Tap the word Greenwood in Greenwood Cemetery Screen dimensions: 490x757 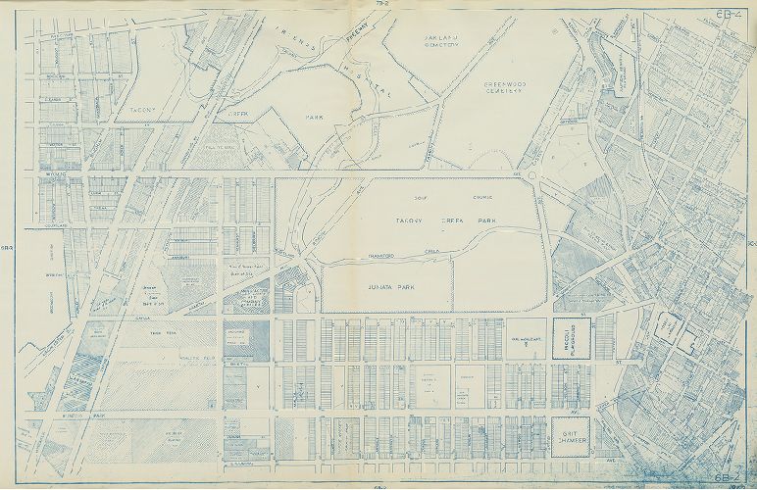(508, 85)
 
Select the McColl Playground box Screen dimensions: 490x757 (572, 335)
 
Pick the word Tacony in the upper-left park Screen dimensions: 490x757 (144, 112)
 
